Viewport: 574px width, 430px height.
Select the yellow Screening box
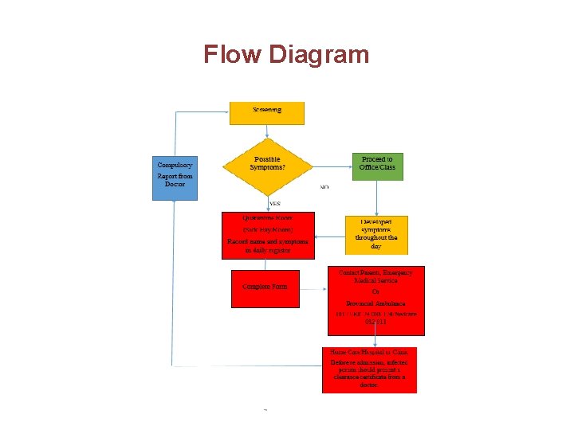click(267, 112)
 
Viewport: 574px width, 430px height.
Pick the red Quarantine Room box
click(268, 235)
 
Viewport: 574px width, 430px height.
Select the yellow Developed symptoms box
click(376, 234)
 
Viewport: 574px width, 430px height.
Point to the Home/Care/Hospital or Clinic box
click(369, 369)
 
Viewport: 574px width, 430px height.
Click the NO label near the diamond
click(324, 187)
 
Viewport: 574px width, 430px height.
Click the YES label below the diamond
click(274, 204)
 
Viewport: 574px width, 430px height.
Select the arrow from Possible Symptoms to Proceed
click(331, 166)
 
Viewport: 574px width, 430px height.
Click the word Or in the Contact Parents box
click(376, 292)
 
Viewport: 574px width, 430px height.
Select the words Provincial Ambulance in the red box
click(376, 303)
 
